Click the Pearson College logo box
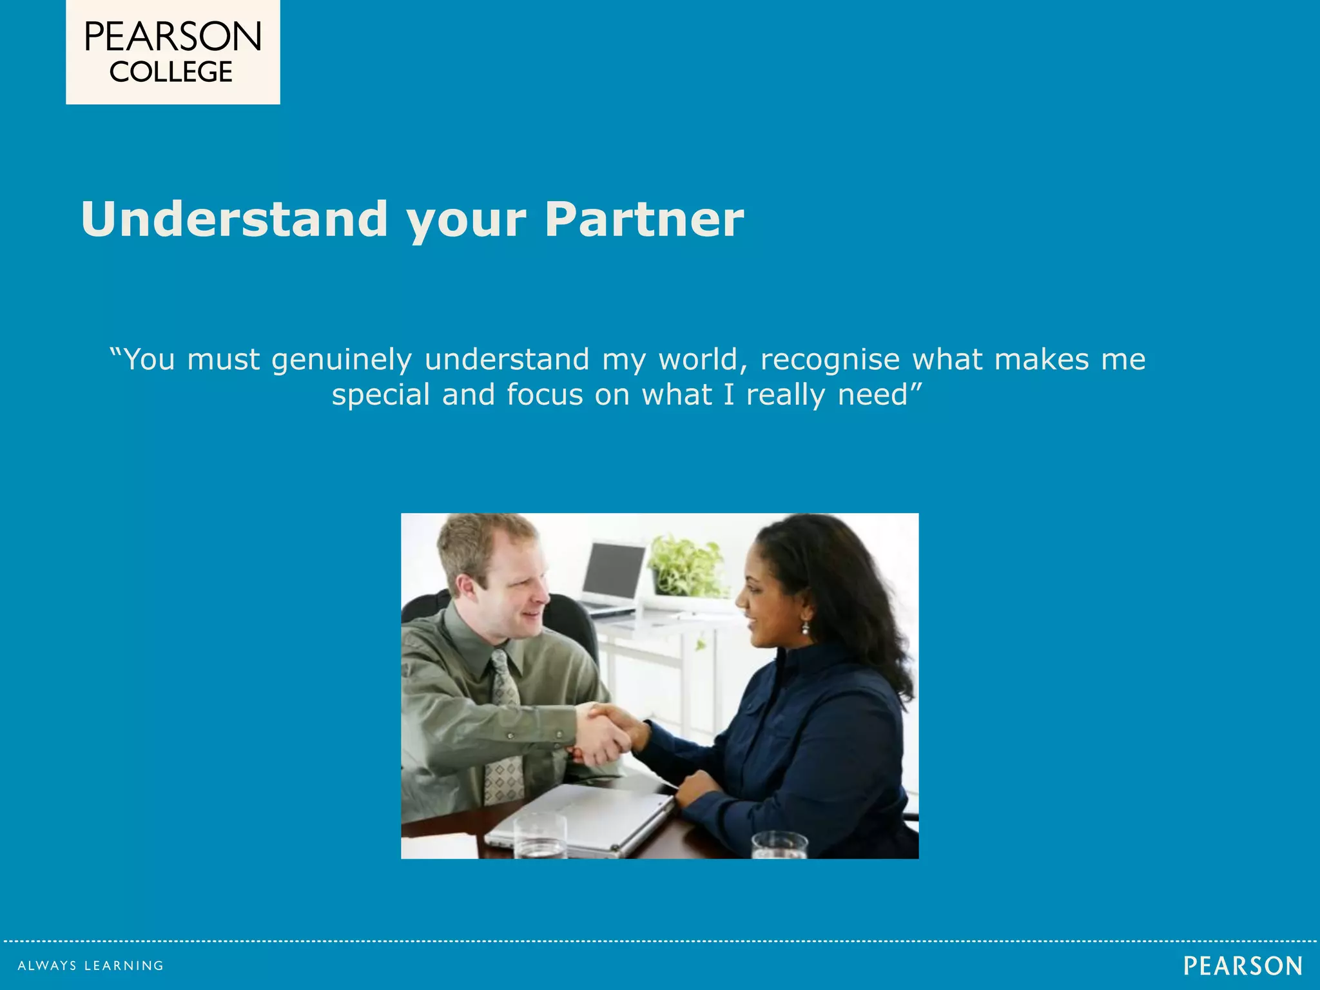pos(173,52)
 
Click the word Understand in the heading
pos(234,220)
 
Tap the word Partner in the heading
pos(644,220)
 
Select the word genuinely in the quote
pos(341,360)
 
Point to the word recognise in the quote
pos(830,360)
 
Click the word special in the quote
pos(380,395)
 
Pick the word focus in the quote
pos(544,395)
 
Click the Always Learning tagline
pos(90,966)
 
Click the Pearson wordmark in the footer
pos(1243,966)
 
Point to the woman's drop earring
pos(805,627)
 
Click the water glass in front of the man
pos(540,836)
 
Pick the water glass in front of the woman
pos(779,845)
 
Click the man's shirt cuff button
pos(509,735)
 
